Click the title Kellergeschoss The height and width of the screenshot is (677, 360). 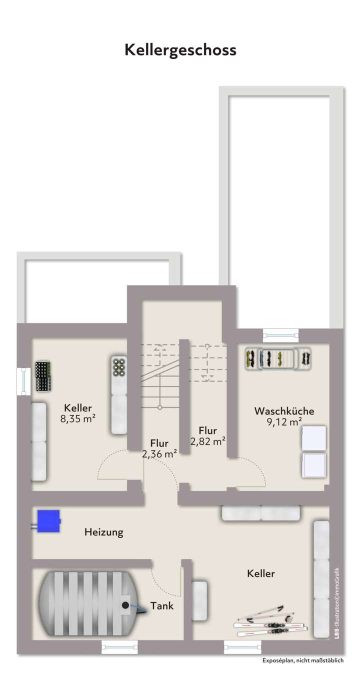coord(180,50)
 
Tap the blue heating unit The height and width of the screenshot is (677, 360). coord(49,520)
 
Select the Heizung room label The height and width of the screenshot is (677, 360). coord(103,532)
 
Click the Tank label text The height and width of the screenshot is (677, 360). coord(163,606)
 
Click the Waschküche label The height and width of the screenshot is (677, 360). coord(284,411)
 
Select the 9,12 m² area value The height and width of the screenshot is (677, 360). coord(284,422)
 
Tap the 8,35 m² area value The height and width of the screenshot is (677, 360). coord(78,419)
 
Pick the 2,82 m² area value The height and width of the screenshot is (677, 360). coord(207,441)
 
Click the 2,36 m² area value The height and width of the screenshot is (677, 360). coord(159,454)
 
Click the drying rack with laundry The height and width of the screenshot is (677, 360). coord(278,358)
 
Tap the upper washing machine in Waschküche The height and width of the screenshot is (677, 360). coord(313,438)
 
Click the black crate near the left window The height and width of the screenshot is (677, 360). coord(43,376)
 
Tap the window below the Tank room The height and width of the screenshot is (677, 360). coord(119,647)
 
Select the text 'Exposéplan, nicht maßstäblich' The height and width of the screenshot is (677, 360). coord(303,661)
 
